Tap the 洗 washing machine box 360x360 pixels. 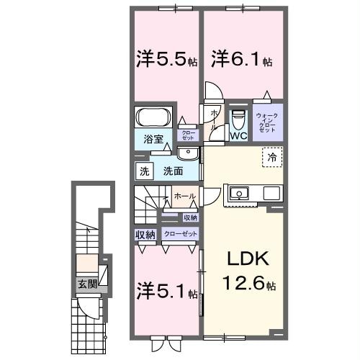(144, 171)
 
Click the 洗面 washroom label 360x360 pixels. (171, 171)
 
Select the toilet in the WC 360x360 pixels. (238, 118)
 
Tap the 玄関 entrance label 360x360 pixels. (87, 283)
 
